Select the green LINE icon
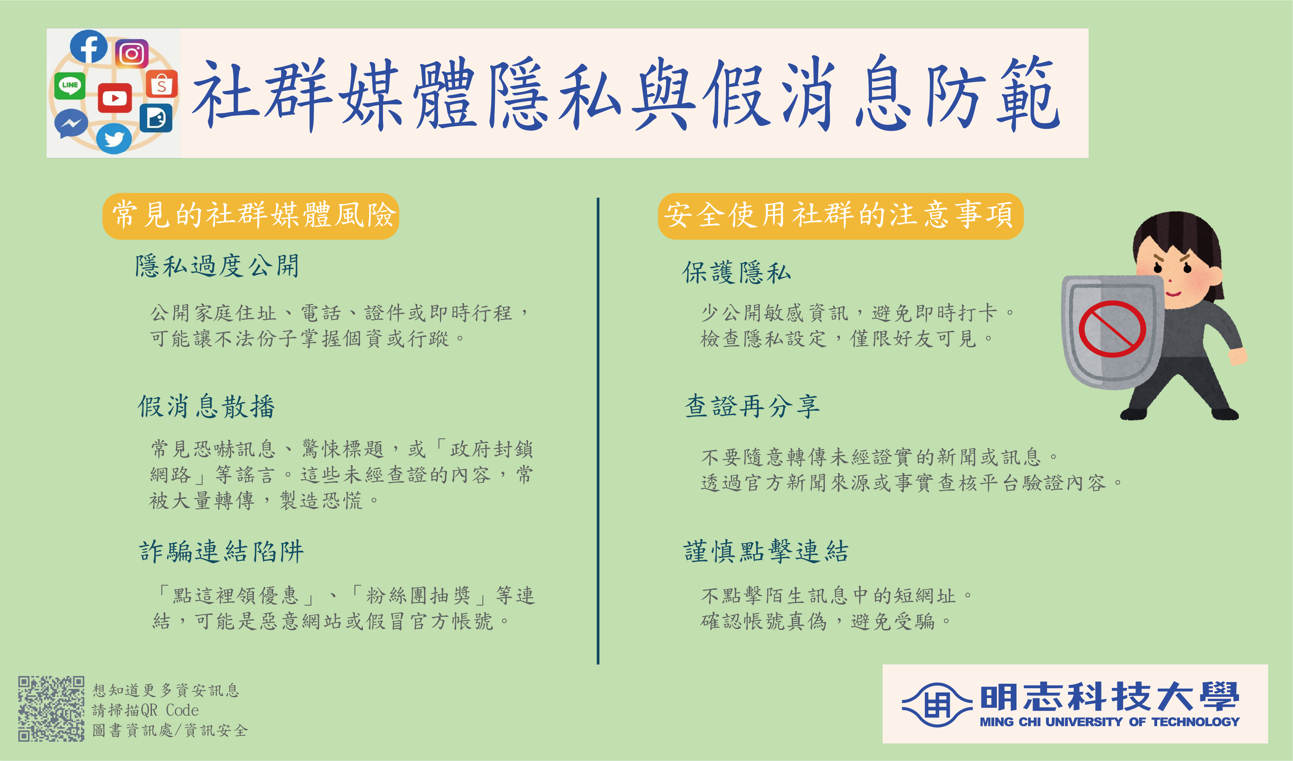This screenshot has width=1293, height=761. [x=70, y=86]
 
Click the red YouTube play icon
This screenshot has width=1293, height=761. [x=114, y=98]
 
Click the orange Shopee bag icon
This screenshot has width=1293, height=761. [x=162, y=84]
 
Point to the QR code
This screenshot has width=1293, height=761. [x=51, y=709]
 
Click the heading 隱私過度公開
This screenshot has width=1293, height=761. [x=217, y=266]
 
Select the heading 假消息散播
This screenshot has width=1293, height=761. [x=206, y=407]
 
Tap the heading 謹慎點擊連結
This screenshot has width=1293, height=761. [x=766, y=552]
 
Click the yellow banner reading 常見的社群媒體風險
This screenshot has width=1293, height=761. [x=251, y=216]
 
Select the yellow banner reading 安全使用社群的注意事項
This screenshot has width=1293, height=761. [x=840, y=216]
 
